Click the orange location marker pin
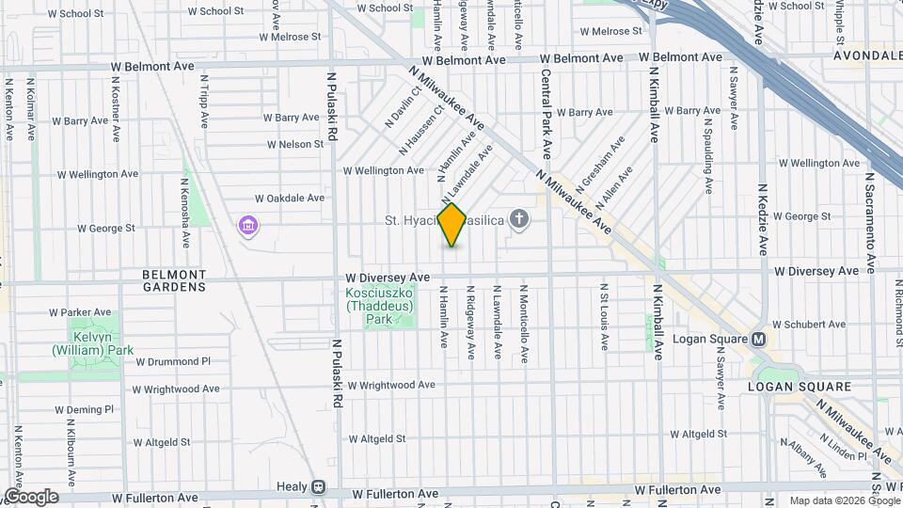(452, 224)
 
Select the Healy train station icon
(319, 487)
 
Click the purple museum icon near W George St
(248, 225)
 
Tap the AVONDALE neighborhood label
(866, 56)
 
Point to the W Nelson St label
(294, 145)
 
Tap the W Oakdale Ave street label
(290, 198)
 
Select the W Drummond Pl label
(172, 361)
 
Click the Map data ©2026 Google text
(844, 500)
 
